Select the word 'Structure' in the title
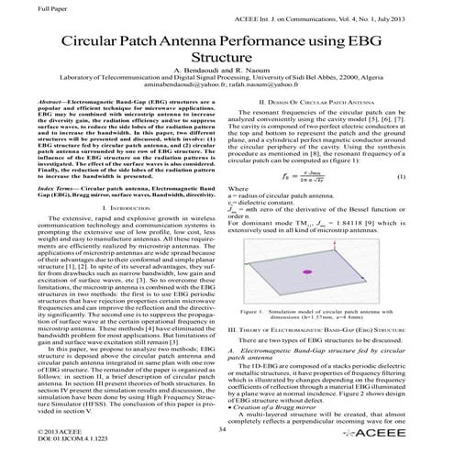click(227, 61)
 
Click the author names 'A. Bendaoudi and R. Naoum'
click(227, 76)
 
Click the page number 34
click(226, 427)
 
